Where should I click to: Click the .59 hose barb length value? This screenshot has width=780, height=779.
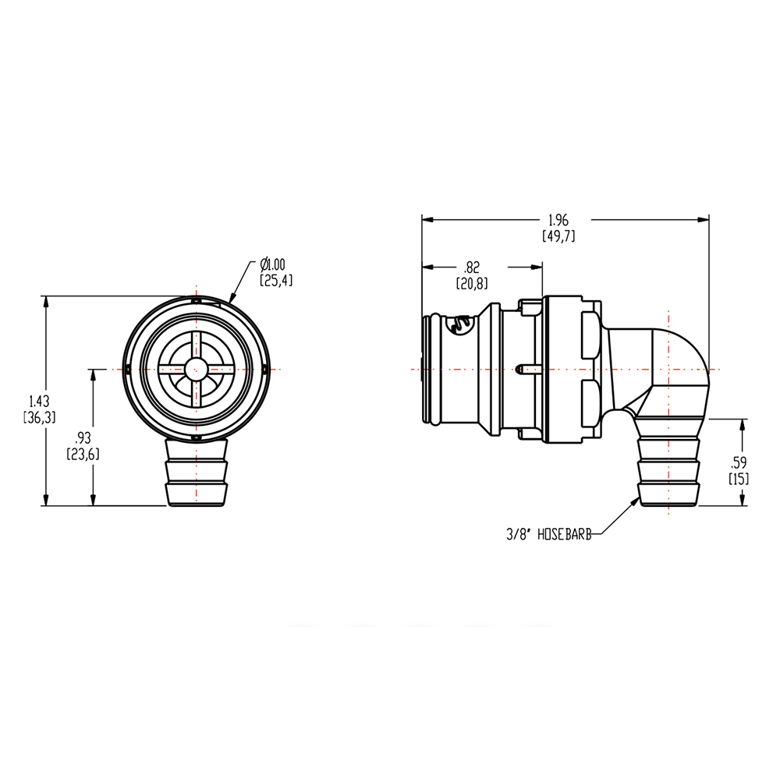pyautogui.click(x=739, y=462)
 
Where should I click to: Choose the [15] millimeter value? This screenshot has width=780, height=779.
pyautogui.click(x=739, y=478)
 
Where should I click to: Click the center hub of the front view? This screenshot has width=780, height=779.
pyautogui.click(x=196, y=369)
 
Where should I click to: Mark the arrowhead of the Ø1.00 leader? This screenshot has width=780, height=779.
pyautogui.click(x=232, y=298)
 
